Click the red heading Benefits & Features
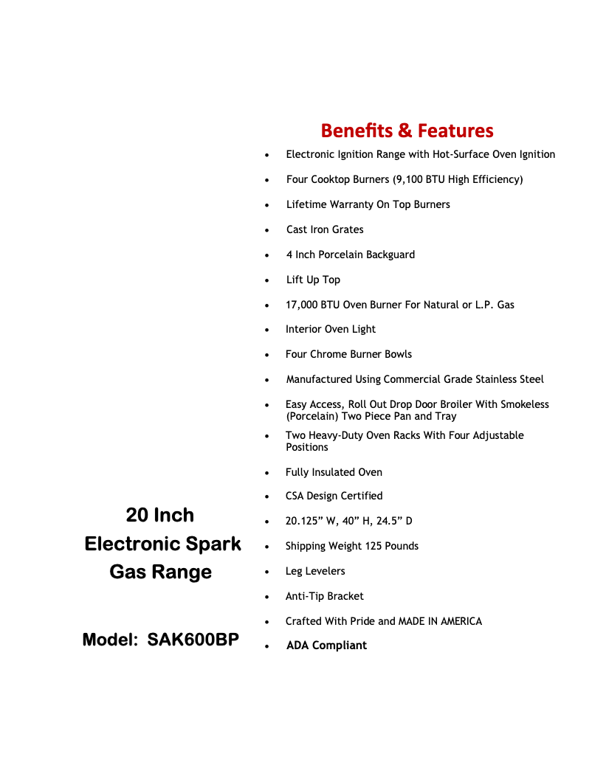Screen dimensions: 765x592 pos(407,131)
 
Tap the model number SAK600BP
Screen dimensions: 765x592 pos(193,640)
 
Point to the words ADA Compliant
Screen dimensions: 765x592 pos(326,645)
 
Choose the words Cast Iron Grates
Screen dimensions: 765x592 pos(325,229)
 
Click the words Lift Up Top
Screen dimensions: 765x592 pos(313,280)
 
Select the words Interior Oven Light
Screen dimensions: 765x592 pos(331,329)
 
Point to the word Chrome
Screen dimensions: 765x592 pos(328,354)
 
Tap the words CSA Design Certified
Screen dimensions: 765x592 pos(334,496)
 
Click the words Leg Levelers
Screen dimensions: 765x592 pos(315,571)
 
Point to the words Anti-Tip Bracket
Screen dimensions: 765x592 pos(325,596)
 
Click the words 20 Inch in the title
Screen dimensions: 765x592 pos(160,515)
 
